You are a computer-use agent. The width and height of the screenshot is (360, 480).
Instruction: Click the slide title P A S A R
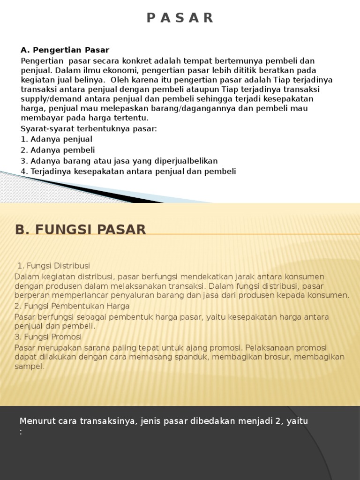(x=180, y=18)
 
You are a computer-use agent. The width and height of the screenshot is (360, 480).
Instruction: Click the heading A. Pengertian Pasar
(x=65, y=50)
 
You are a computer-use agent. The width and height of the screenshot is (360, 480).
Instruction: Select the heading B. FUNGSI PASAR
(x=81, y=230)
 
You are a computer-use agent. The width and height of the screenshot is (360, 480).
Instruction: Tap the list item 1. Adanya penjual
(x=56, y=139)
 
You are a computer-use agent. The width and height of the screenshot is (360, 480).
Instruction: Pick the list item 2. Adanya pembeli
(x=58, y=150)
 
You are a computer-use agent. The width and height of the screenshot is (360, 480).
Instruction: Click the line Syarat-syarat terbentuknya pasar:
(x=89, y=128)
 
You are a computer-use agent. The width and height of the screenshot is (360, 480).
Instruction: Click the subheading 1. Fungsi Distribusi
(x=53, y=266)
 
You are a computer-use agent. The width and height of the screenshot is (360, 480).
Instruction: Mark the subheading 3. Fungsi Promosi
(x=48, y=337)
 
